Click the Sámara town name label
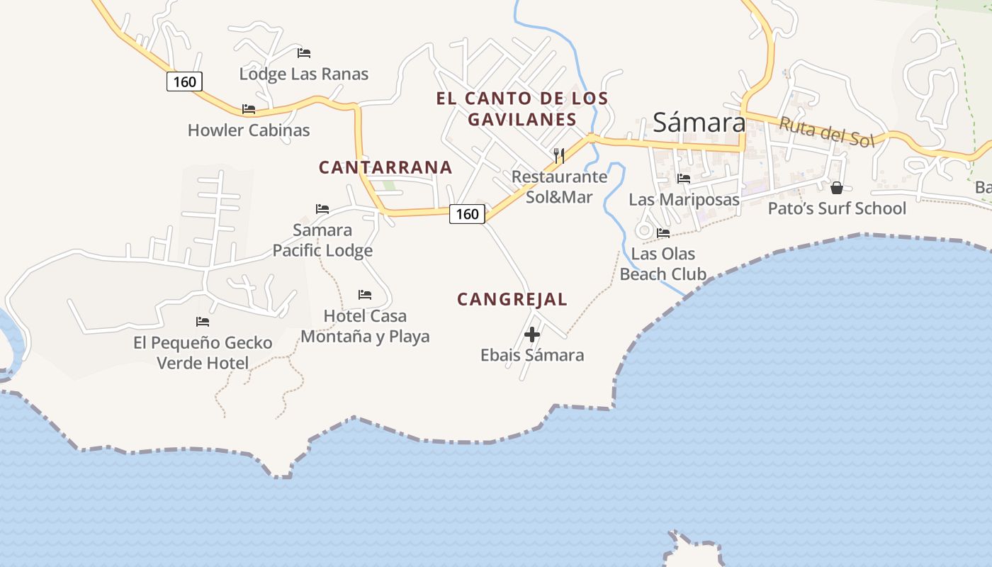point(699,123)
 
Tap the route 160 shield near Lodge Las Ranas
point(184,82)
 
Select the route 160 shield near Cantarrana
point(467,213)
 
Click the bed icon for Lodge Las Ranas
point(304,53)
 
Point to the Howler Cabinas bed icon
point(248,109)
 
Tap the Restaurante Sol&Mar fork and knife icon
point(559,155)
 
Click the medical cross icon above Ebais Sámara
point(532,334)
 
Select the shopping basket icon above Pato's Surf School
point(837,188)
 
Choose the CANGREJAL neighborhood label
point(512,299)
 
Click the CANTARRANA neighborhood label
point(385,167)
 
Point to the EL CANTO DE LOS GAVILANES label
point(522,108)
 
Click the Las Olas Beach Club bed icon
point(663,232)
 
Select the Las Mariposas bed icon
point(684,179)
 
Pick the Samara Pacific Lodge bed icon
point(322,209)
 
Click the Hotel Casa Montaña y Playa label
point(365,326)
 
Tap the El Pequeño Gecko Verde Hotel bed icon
point(203,322)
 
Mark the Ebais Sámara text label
point(532,355)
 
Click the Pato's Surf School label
point(837,208)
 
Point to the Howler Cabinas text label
point(249,130)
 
